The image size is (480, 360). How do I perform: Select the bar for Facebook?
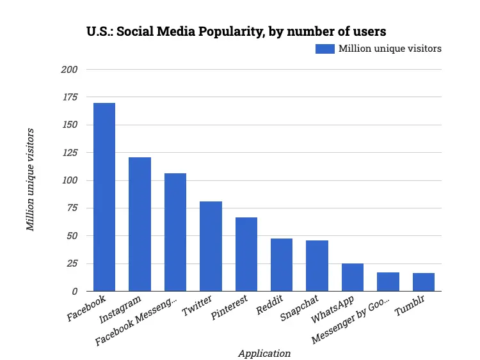[104, 197]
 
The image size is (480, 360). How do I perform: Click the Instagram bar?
[140, 224]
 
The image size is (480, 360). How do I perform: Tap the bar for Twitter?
[211, 246]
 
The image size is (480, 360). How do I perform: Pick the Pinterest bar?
[246, 254]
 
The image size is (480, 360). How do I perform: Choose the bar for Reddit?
[282, 265]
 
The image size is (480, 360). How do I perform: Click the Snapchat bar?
[317, 265]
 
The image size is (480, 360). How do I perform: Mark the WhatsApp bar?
[353, 277]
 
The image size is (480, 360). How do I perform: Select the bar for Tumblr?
[424, 282]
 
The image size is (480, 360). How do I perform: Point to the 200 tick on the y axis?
[70, 69]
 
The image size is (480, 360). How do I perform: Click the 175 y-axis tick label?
[70, 97]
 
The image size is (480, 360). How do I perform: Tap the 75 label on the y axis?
[72, 208]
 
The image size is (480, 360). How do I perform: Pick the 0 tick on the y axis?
[75, 291]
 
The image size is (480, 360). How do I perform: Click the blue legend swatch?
[324, 49]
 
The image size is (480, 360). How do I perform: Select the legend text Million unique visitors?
[390, 49]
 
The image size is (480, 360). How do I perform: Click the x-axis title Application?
[264, 353]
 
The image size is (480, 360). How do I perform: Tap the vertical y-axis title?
[29, 180]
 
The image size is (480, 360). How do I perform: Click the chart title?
[236, 31]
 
